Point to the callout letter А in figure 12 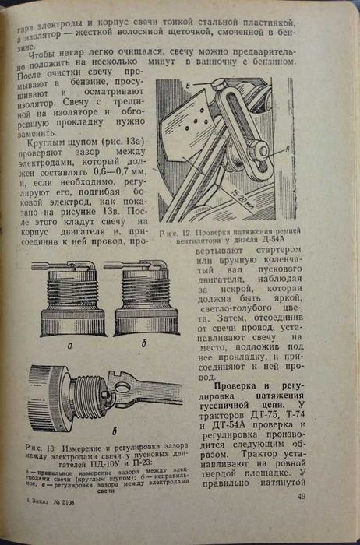point(291,147)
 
